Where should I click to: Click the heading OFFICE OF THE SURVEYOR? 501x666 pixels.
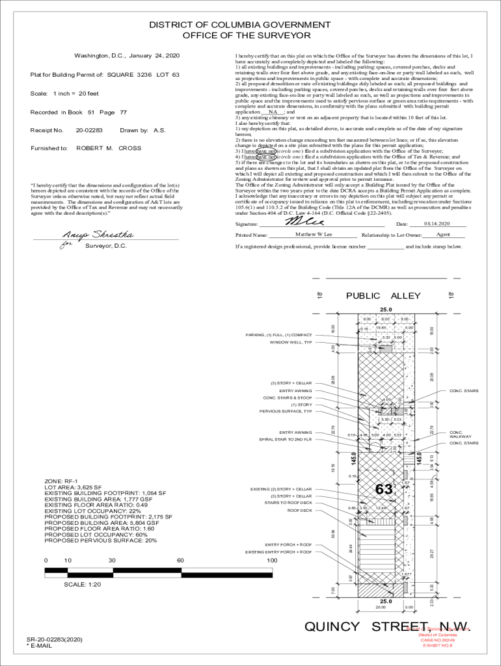click(247, 36)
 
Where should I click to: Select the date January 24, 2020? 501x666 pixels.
click(154, 55)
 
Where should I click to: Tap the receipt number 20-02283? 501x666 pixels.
click(89, 130)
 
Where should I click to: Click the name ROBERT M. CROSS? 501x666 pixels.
click(109, 148)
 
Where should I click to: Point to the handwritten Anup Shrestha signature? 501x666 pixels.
click(98, 235)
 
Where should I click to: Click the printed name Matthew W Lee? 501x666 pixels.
click(314, 234)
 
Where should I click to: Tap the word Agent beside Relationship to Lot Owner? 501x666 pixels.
click(443, 234)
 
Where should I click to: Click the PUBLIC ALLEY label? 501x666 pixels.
click(383, 296)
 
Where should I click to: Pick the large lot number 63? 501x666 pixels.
click(384, 488)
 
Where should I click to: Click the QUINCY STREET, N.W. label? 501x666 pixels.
click(386, 626)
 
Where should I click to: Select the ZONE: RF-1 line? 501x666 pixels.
click(61, 481)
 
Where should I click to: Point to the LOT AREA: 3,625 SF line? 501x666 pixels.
click(73, 487)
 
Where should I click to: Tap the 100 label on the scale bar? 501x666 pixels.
click(271, 560)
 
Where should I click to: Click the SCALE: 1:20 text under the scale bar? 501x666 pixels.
click(83, 584)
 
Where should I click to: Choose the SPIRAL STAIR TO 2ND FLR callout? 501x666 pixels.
click(286, 440)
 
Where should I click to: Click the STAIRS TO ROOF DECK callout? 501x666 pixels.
click(288, 503)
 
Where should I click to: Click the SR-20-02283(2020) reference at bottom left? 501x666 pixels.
click(55, 640)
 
